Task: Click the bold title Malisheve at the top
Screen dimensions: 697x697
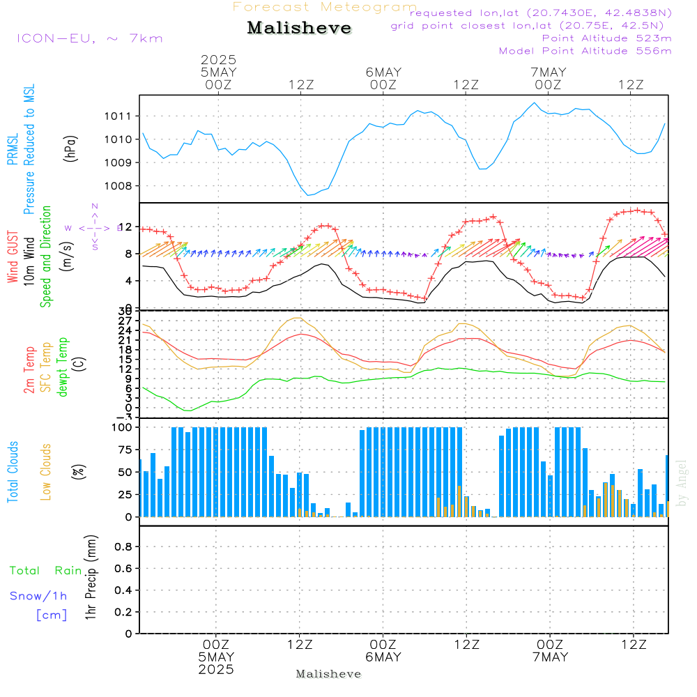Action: tap(300, 28)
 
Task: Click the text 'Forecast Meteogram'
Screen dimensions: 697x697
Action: tap(325, 7)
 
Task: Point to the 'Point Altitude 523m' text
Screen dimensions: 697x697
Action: tap(606, 38)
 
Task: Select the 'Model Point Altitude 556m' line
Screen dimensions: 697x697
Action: tap(585, 51)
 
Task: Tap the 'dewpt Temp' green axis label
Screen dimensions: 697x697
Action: tap(63, 367)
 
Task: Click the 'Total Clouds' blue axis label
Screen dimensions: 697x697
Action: tap(13, 472)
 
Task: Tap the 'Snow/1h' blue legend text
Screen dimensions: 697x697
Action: tap(38, 596)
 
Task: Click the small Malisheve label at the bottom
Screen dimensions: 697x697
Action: tap(328, 674)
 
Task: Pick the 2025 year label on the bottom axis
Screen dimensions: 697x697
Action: tap(216, 669)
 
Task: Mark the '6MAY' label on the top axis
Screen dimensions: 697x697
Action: tap(383, 72)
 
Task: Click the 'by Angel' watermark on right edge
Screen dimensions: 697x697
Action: tap(682, 482)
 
